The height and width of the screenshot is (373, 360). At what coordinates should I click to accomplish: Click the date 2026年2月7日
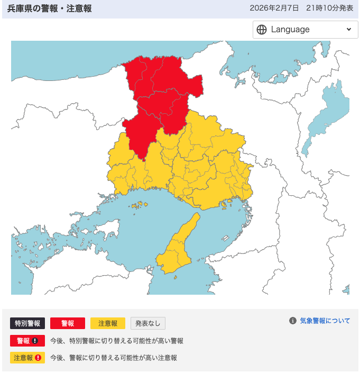(274, 8)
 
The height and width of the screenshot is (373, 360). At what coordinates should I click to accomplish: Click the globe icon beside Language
(262, 30)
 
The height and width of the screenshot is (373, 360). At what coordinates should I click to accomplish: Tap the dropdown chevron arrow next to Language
(348, 30)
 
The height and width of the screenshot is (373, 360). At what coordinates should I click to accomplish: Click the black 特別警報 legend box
(27, 323)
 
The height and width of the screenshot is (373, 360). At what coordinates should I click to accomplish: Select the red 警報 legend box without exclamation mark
(68, 323)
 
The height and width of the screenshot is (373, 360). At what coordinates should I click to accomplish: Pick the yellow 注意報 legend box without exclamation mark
(108, 323)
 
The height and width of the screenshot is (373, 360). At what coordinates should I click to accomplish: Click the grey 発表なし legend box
(148, 323)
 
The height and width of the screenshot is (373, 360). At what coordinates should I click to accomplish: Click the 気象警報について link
(325, 321)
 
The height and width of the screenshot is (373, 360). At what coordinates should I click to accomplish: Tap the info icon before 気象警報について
(292, 321)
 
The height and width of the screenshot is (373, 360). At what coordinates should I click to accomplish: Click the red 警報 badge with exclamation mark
(27, 341)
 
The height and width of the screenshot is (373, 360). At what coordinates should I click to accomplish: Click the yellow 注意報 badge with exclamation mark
(27, 358)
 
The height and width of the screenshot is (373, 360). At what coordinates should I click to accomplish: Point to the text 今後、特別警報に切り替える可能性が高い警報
(117, 341)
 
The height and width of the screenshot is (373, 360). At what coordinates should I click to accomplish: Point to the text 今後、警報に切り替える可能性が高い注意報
(114, 358)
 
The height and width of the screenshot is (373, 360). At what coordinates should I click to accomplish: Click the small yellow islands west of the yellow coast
(139, 204)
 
